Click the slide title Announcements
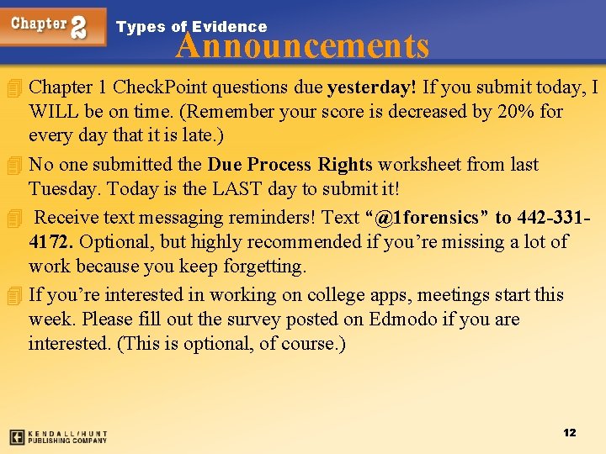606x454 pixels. pos(302,45)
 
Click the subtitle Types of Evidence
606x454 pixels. pos(191,27)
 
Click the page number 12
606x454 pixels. pos(570,432)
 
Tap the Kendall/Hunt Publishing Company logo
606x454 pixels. pos(58,437)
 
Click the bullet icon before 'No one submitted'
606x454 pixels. pos(12,165)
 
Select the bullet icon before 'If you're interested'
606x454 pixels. pos(12,296)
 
